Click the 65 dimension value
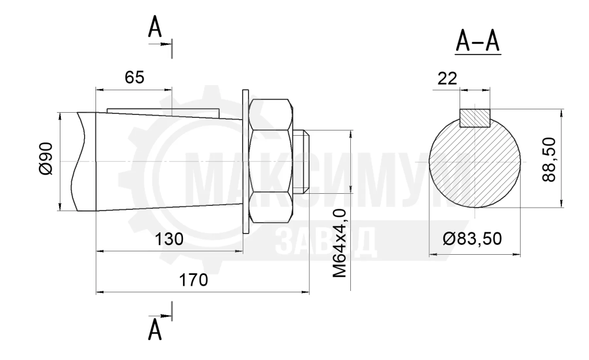click(x=135, y=77)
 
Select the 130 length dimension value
click(x=169, y=239)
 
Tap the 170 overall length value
click(x=193, y=280)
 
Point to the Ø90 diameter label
click(x=46, y=158)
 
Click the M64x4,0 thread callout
click(x=339, y=244)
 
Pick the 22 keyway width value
click(x=447, y=78)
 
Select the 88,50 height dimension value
click(x=549, y=159)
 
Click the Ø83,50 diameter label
click(x=472, y=239)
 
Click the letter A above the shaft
click(x=155, y=27)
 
